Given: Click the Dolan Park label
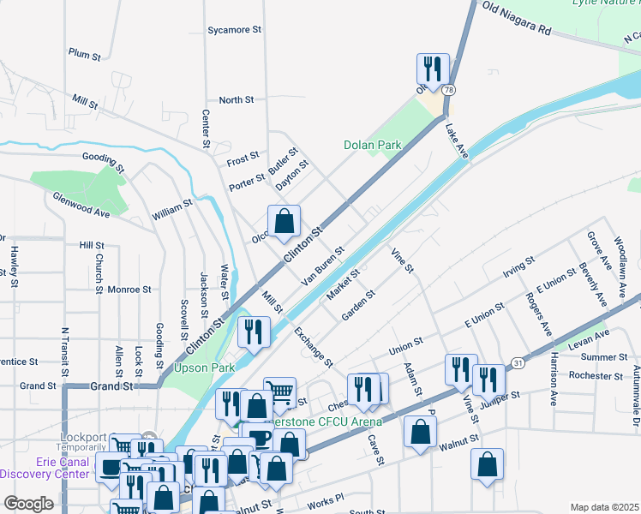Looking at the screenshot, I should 373,146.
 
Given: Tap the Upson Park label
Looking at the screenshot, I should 204,368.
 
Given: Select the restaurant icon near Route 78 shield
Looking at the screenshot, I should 433,68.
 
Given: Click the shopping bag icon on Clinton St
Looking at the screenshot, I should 284,221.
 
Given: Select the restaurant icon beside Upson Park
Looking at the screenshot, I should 254,332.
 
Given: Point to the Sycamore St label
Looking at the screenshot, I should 234,30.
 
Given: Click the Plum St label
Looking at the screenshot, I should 85,53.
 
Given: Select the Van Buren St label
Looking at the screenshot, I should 322,266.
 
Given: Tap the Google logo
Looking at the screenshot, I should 28,503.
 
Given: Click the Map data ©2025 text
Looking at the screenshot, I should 604,507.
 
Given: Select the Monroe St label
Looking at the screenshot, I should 129,290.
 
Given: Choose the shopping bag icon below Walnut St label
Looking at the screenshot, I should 486,465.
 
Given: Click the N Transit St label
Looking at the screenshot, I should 64,347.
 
